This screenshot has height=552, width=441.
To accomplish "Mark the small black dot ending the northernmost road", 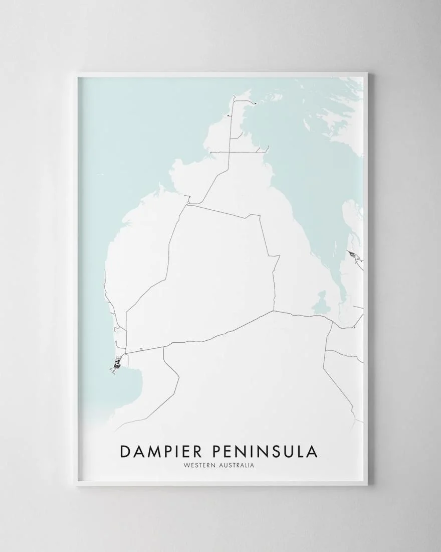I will pos(255,103).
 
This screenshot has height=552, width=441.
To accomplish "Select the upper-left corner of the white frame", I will pos(78,74).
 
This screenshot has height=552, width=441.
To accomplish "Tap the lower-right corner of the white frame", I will pos(366,484).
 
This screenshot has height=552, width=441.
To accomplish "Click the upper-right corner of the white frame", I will pos(366,74).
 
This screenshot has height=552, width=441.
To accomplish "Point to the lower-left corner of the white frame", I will pos(78,484).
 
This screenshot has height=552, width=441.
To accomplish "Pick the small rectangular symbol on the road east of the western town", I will pos(142,348).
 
